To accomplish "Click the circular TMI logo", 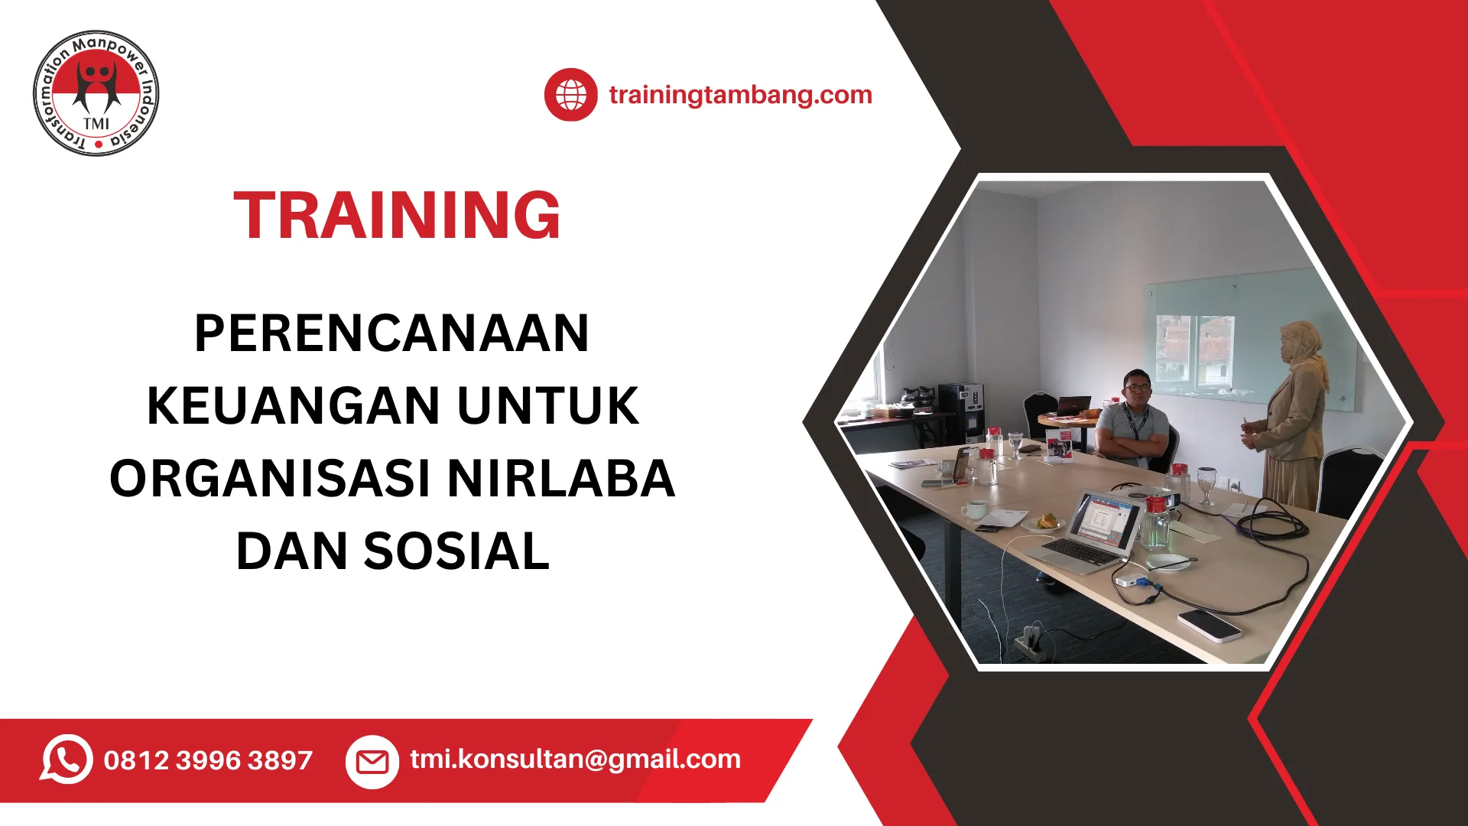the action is click(96, 93).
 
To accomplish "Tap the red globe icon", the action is click(570, 95).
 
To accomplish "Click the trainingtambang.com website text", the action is click(740, 95).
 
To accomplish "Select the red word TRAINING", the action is click(397, 216).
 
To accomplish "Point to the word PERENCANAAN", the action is click(391, 333).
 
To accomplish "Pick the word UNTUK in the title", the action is click(548, 405).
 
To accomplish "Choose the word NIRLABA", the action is click(561, 479).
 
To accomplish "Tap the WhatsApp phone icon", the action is click(67, 759).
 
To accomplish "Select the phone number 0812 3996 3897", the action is click(208, 760).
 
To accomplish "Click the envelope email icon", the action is click(372, 761).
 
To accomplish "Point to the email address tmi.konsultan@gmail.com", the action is click(576, 759).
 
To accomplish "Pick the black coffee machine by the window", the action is click(960, 412).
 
